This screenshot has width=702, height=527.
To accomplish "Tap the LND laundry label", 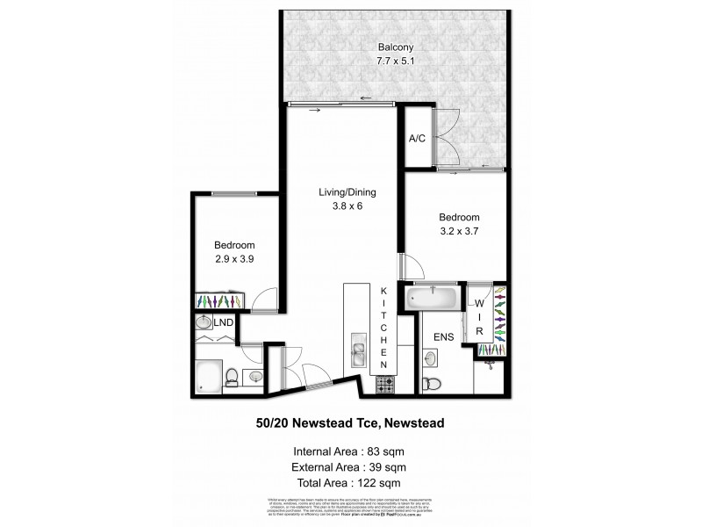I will coord(224,323).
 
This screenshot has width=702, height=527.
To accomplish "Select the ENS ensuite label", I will coord(443,336).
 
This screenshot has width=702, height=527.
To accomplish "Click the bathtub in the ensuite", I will coord(432,297).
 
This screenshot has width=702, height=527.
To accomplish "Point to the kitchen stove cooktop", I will coord(383,384).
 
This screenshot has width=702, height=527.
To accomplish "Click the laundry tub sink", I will coord(203,322).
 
